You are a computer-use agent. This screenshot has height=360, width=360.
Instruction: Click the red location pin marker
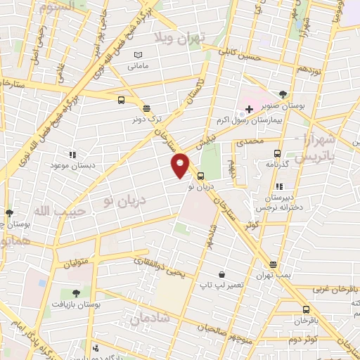pos(181,165)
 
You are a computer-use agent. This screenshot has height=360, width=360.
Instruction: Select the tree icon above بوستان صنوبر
pos(283,94)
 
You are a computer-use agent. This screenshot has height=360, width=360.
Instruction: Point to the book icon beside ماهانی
pos(139,55)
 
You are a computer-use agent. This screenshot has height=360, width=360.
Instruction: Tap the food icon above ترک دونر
pos(146,108)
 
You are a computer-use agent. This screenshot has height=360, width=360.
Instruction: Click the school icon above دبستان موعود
pos(72,154)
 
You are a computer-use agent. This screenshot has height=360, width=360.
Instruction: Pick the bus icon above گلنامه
pos(277,153)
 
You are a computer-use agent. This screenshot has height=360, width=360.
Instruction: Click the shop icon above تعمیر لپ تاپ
pos(222,274)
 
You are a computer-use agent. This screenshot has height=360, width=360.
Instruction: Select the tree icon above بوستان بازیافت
pos(75,292)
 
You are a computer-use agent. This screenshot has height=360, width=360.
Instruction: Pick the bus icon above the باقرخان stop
pos(306,309)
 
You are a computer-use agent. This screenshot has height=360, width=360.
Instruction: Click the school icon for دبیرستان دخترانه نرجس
pos(279,187)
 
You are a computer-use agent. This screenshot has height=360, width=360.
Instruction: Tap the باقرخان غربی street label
pos(326,288)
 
